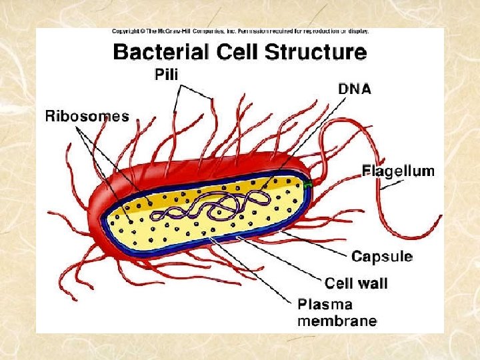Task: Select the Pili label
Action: [x=166, y=75]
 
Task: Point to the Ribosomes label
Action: [x=87, y=117]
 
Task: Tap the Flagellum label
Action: [x=398, y=171]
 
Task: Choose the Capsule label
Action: [x=382, y=257]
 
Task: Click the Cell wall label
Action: [x=356, y=283]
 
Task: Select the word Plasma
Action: [x=325, y=305]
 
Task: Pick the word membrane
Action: [x=337, y=321]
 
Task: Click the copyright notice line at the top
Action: [x=240, y=31]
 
